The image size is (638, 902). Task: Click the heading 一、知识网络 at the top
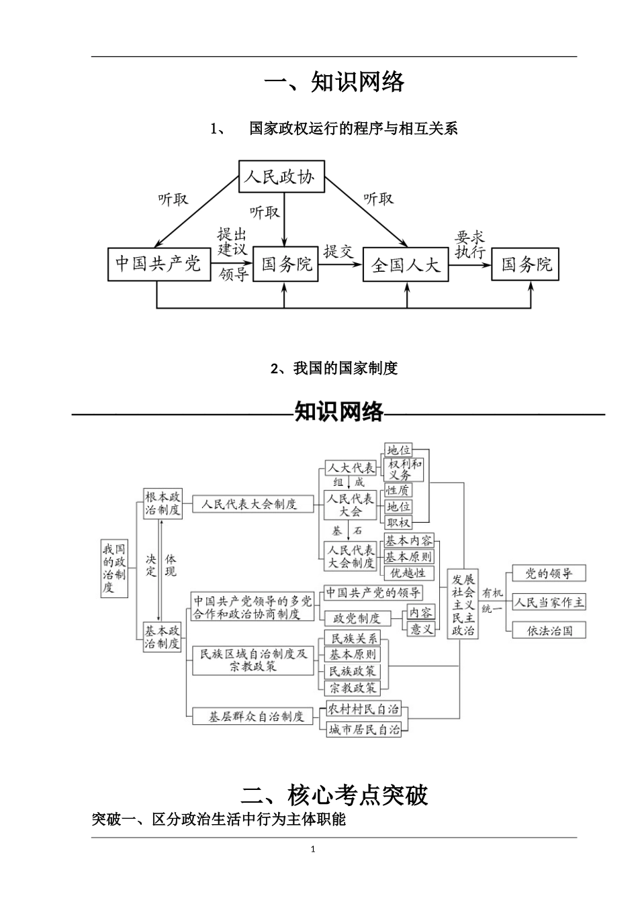[x=334, y=82]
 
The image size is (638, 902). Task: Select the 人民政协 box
[x=281, y=179]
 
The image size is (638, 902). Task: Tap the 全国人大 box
[x=406, y=265]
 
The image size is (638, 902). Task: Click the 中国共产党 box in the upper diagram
[x=158, y=264]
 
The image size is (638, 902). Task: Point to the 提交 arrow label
[x=338, y=252]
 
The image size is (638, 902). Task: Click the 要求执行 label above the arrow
[x=470, y=245]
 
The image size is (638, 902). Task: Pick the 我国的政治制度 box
[x=114, y=568]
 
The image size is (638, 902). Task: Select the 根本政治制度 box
[x=163, y=503]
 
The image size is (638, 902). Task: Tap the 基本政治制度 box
[x=163, y=637]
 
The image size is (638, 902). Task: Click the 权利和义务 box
[x=405, y=469]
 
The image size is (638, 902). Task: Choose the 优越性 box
[x=408, y=573]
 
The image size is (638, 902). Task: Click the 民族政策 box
[x=353, y=671]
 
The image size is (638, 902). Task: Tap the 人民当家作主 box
[x=549, y=602]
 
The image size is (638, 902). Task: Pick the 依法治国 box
[x=549, y=630]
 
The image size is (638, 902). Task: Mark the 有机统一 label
[x=492, y=601]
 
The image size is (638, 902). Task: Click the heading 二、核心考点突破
[x=334, y=795]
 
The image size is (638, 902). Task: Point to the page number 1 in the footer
[x=314, y=850]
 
